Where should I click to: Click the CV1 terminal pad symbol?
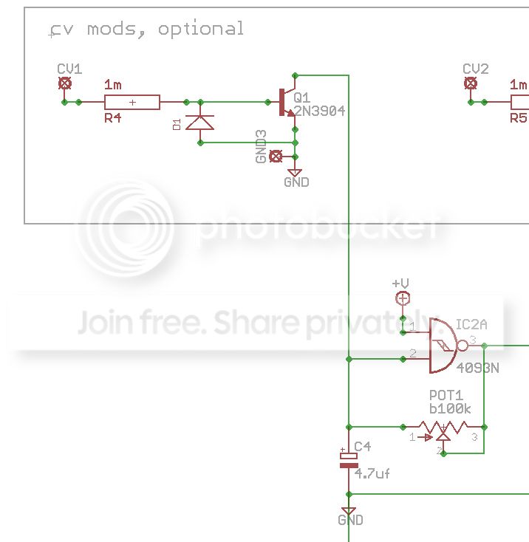[x=65, y=83]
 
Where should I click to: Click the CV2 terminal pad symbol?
[x=470, y=83]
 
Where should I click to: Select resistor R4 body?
[x=132, y=102]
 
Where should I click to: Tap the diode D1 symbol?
[x=199, y=122]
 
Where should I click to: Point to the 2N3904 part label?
[x=319, y=112]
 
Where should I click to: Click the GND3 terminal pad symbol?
[x=276, y=156]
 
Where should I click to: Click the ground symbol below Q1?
[x=296, y=173]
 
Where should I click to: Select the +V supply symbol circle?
[x=403, y=298]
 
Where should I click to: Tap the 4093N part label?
[x=477, y=367]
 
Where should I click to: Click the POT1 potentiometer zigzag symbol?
[x=443, y=427]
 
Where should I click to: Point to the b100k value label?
[x=450, y=408]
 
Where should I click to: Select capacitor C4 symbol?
[x=348, y=459]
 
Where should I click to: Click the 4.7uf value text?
[x=372, y=473]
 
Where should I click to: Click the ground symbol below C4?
[x=349, y=511]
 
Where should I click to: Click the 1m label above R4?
[x=114, y=84]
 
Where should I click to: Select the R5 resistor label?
[x=519, y=117]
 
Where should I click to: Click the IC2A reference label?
[x=471, y=324]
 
